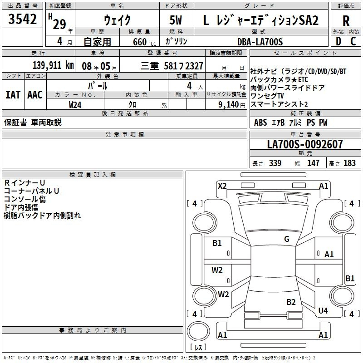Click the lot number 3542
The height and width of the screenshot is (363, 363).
[22, 19]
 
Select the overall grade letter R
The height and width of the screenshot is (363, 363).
[346, 21]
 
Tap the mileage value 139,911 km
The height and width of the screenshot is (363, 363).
[53, 65]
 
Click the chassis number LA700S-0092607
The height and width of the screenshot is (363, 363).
[305, 144]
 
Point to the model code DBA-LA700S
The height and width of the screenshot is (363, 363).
[260, 42]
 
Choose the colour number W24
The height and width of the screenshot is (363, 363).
[75, 105]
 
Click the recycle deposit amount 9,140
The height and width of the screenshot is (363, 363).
[229, 105]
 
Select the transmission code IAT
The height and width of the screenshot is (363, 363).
[13, 95]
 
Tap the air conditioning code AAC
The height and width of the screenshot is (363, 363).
[35, 95]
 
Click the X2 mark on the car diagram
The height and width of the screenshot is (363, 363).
[222, 186]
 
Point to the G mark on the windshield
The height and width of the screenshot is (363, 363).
[287, 239]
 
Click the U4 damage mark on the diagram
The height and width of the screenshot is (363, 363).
[323, 310]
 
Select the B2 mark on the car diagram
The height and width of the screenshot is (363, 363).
[291, 302]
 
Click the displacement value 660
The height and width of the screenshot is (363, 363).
[140, 42]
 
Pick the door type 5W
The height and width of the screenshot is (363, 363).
[176, 20]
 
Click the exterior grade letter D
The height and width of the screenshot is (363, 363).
[338, 41]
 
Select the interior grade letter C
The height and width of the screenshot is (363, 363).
[353, 41]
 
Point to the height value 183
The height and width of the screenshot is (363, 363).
[349, 163]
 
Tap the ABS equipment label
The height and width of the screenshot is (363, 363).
[260, 123]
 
